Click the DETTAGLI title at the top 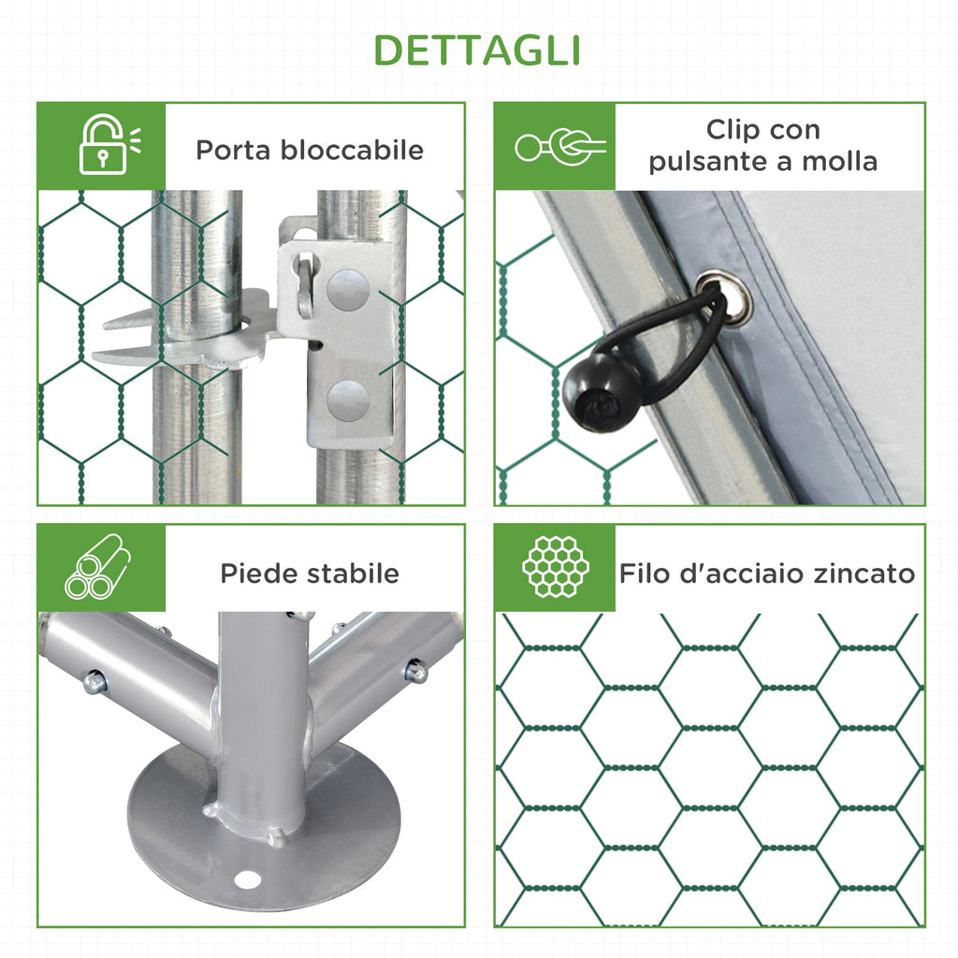[x=477, y=51]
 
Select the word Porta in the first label [x=232, y=150]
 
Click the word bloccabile [x=352, y=150]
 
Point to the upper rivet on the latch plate [x=348, y=289]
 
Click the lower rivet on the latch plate [x=348, y=400]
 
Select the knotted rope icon [x=560, y=147]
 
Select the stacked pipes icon [x=97, y=567]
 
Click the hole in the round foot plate [x=247, y=880]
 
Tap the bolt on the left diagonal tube [x=94, y=681]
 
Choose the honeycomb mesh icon [x=556, y=566]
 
